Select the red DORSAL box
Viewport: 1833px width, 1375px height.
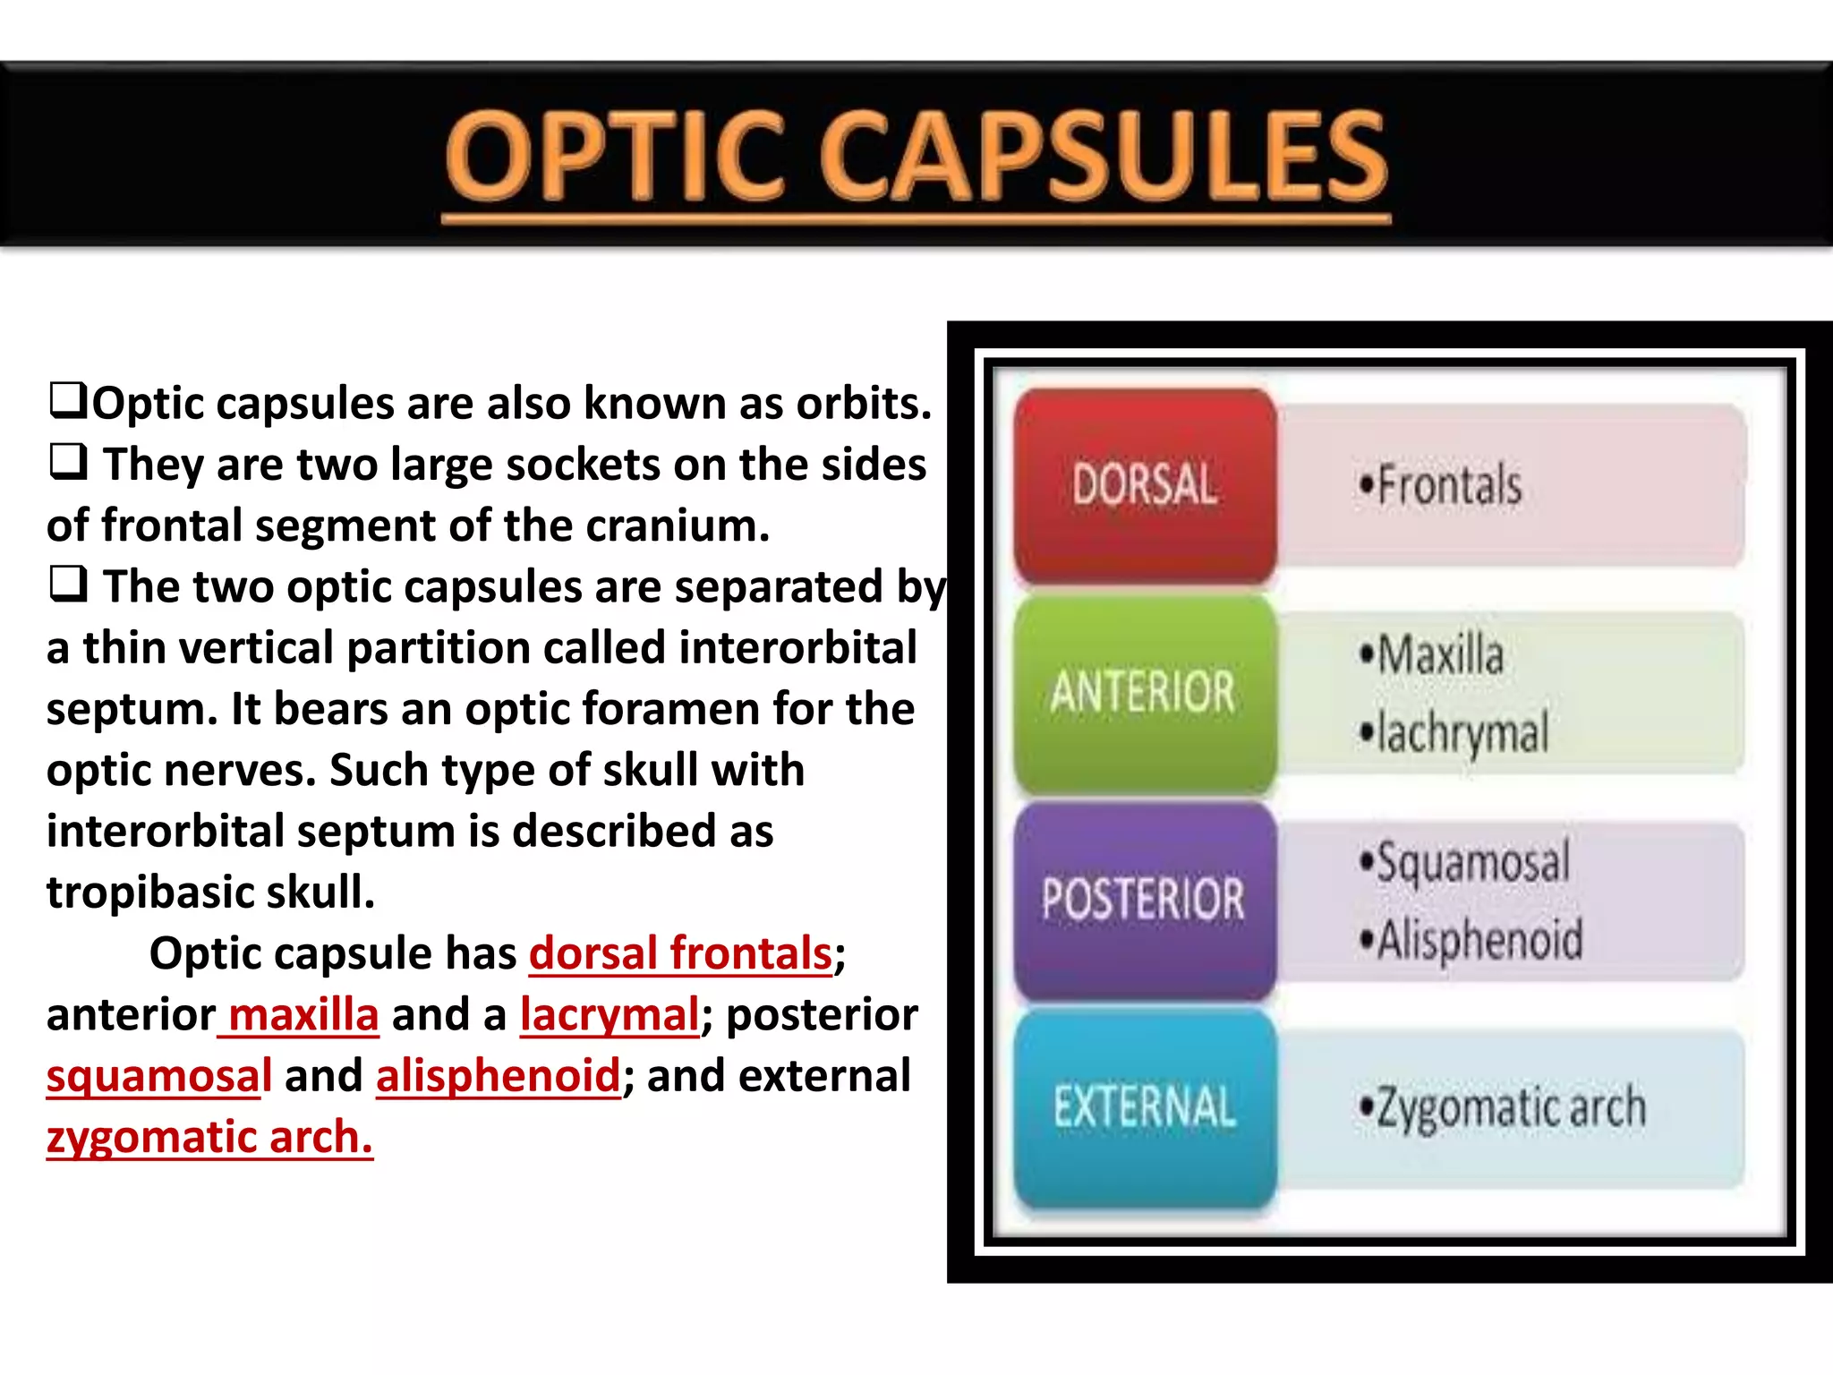[1145, 484]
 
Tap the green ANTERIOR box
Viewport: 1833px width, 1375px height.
[1144, 692]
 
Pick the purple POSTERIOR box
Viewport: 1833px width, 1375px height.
[1144, 899]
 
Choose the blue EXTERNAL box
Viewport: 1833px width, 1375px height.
[1145, 1106]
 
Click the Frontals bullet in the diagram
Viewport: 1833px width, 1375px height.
[1440, 485]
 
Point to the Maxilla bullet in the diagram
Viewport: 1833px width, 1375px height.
[1431, 654]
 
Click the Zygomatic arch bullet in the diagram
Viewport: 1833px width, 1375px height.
[1503, 1107]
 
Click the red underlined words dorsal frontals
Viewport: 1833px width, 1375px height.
[680, 953]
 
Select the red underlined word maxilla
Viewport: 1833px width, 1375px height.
[303, 1015]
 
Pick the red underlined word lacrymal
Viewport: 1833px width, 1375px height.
[609, 1015]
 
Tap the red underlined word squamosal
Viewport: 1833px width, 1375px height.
[159, 1076]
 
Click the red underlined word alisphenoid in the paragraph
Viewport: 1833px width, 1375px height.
[498, 1076]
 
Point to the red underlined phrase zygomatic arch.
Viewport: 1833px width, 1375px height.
[209, 1137]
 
